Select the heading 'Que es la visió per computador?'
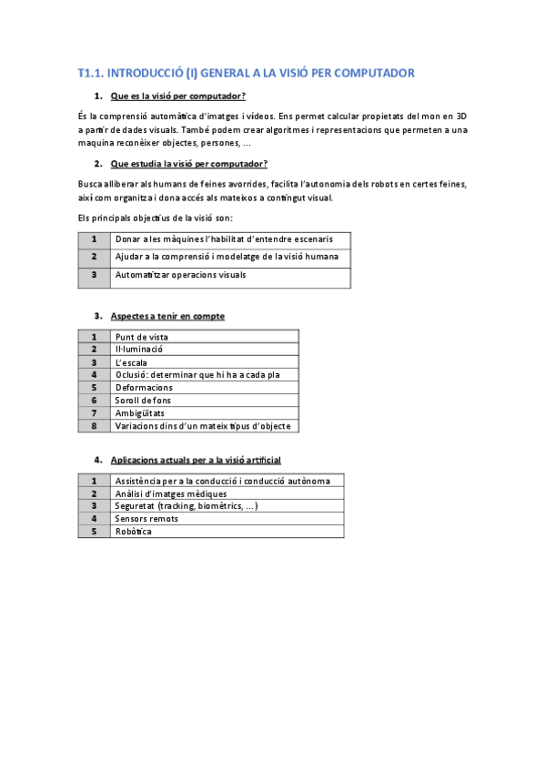(x=177, y=96)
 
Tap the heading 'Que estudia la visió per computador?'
(x=188, y=164)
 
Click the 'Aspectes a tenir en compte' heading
(x=167, y=316)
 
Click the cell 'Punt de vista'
(x=141, y=337)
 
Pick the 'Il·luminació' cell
(x=138, y=350)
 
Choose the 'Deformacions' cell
(x=144, y=387)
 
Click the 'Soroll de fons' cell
(x=143, y=400)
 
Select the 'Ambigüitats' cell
(x=139, y=412)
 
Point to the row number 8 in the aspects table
(x=94, y=425)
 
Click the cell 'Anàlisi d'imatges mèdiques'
(x=170, y=493)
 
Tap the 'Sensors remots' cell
(x=146, y=519)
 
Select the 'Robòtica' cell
(x=134, y=532)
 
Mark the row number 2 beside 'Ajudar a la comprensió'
(x=94, y=257)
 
